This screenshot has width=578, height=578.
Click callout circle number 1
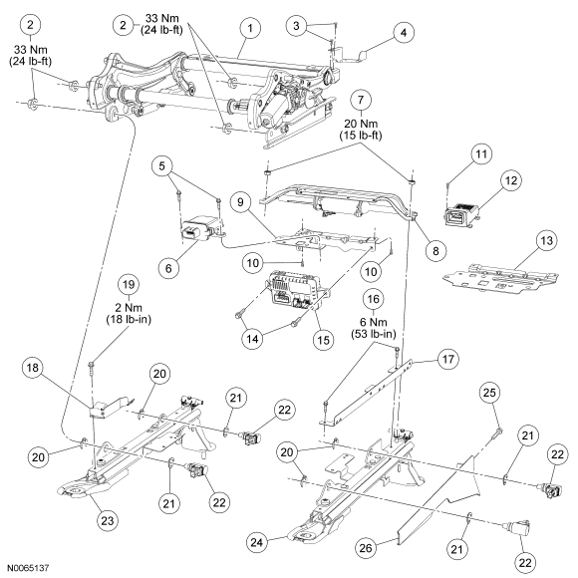click(x=250, y=28)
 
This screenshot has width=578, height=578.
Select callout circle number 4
click(x=404, y=33)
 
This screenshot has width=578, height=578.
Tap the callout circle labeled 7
click(x=360, y=100)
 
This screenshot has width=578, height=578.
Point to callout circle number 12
click(x=511, y=180)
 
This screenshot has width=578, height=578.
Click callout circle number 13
click(x=546, y=241)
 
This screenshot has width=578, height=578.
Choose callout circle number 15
click(x=323, y=340)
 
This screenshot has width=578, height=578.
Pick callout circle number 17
click(x=447, y=359)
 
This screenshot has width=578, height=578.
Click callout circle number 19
click(x=129, y=285)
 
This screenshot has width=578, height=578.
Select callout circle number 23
click(x=108, y=521)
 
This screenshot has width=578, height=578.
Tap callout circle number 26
click(x=366, y=548)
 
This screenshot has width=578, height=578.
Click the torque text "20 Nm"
click(x=361, y=124)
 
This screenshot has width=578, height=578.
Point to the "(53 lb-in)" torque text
click(x=373, y=334)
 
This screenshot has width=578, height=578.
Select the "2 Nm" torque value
click(x=129, y=307)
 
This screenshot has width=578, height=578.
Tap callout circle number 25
click(x=489, y=393)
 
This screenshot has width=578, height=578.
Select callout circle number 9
click(x=240, y=202)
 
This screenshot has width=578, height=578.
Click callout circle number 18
click(x=33, y=368)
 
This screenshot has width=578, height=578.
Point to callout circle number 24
click(x=257, y=542)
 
